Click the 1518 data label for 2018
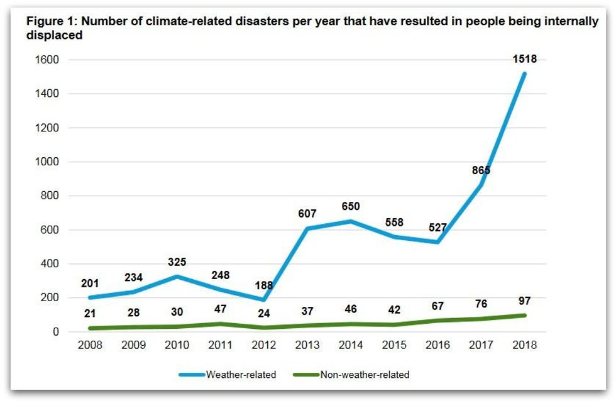[x=525, y=58]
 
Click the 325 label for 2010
[x=176, y=262]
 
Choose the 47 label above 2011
[x=220, y=309]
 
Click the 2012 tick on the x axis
[x=263, y=345]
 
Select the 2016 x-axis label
[x=437, y=345]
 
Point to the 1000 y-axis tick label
[x=47, y=162]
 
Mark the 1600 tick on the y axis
[x=47, y=60]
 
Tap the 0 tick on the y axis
[x=55, y=331]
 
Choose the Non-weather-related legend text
[x=365, y=375]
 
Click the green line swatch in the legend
[x=305, y=375]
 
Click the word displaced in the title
[x=54, y=35]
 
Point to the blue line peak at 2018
[x=524, y=73]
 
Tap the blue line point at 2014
[x=350, y=221]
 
